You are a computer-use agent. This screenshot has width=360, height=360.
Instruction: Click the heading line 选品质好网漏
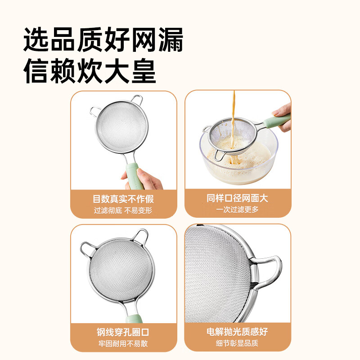click(103, 40)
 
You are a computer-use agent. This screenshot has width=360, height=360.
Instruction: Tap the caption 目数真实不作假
click(123, 198)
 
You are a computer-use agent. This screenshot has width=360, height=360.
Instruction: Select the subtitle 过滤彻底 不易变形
click(123, 210)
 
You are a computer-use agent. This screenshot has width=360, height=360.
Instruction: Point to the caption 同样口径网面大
click(238, 198)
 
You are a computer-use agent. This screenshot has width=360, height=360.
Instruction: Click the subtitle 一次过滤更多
click(238, 210)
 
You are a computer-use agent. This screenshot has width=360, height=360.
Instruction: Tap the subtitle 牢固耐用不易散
click(123, 344)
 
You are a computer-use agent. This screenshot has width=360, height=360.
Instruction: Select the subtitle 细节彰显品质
click(238, 344)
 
